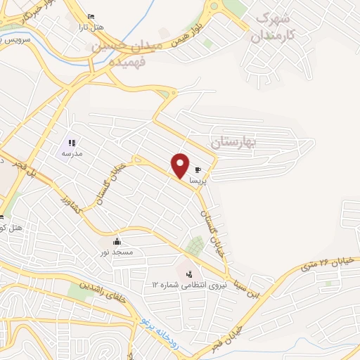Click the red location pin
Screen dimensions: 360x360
click(x=181, y=165)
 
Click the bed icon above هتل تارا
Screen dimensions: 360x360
click(x=91, y=16)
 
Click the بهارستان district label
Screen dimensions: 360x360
click(x=235, y=142)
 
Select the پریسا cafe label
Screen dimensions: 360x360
click(x=197, y=180)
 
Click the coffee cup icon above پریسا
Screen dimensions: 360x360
click(x=198, y=169)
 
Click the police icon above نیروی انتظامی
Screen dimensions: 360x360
click(x=188, y=273)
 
